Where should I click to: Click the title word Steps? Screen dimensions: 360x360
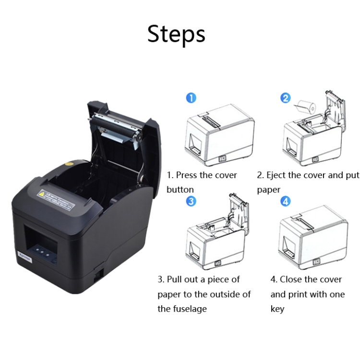176,34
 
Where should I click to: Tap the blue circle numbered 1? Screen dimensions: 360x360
191,98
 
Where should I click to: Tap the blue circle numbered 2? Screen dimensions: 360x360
286,98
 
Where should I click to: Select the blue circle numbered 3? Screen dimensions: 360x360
191,201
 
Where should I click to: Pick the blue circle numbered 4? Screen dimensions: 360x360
286,201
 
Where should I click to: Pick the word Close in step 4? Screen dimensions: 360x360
292,279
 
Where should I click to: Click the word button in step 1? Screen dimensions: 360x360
180,190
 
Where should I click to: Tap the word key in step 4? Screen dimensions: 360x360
277,309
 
